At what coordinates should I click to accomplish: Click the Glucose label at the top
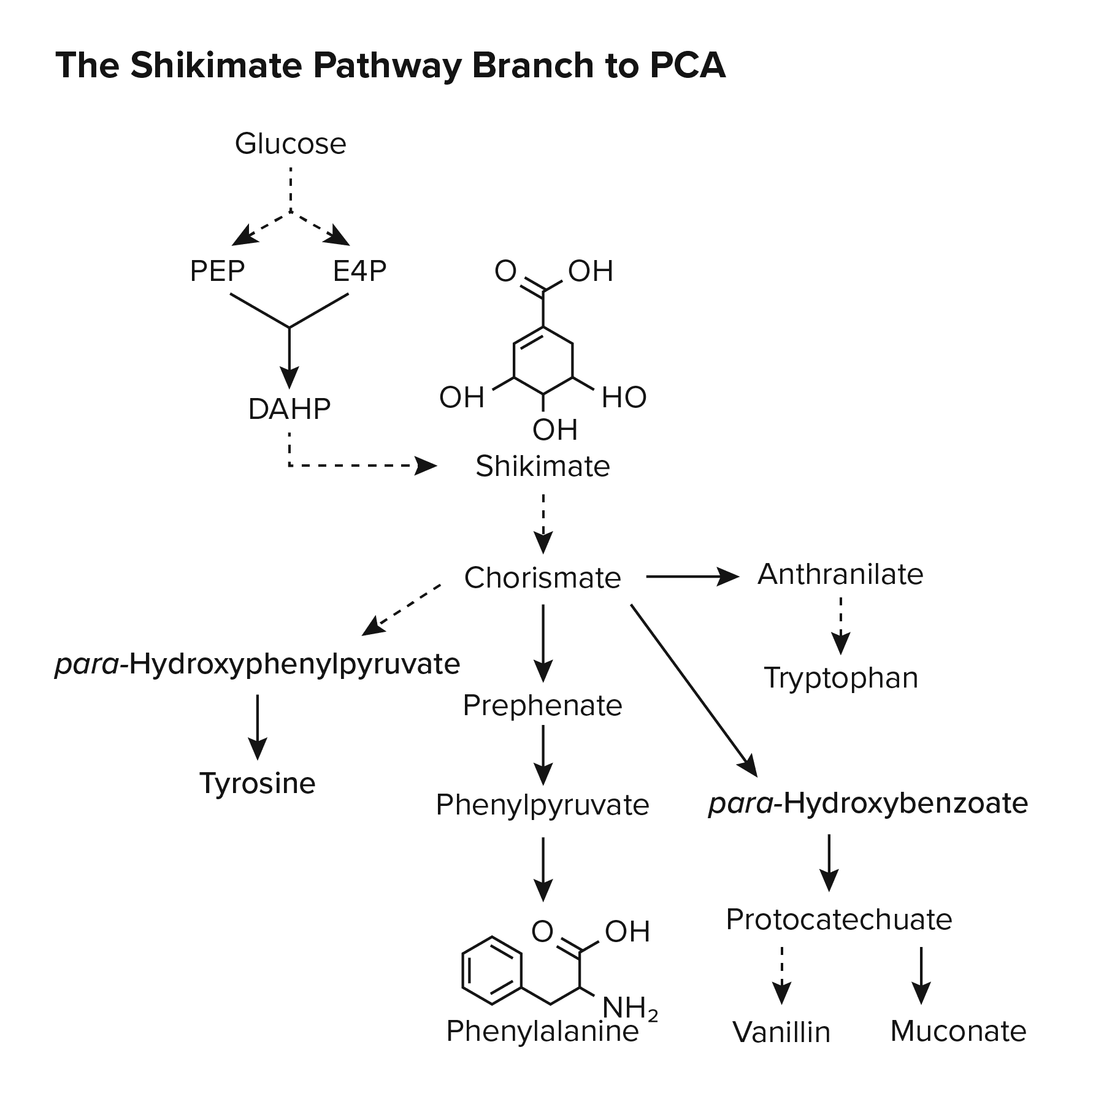290,144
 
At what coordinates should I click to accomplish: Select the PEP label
217,271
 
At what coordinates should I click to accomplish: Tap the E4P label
359,271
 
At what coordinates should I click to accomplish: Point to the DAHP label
289,409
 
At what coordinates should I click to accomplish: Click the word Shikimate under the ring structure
543,466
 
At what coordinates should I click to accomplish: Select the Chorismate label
542,578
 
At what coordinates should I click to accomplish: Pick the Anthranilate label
840,575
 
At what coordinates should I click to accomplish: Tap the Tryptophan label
840,678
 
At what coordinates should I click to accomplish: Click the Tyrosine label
257,783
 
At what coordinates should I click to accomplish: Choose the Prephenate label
542,705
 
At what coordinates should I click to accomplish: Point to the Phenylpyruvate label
542,805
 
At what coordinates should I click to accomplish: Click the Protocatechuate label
838,919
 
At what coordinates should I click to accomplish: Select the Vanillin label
781,1032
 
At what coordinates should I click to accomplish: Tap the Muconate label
958,1031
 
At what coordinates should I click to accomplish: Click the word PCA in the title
688,65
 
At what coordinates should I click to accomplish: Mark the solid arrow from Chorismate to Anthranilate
692,577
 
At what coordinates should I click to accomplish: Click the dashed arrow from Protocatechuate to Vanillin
781,975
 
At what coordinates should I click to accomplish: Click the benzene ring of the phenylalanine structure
491,970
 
